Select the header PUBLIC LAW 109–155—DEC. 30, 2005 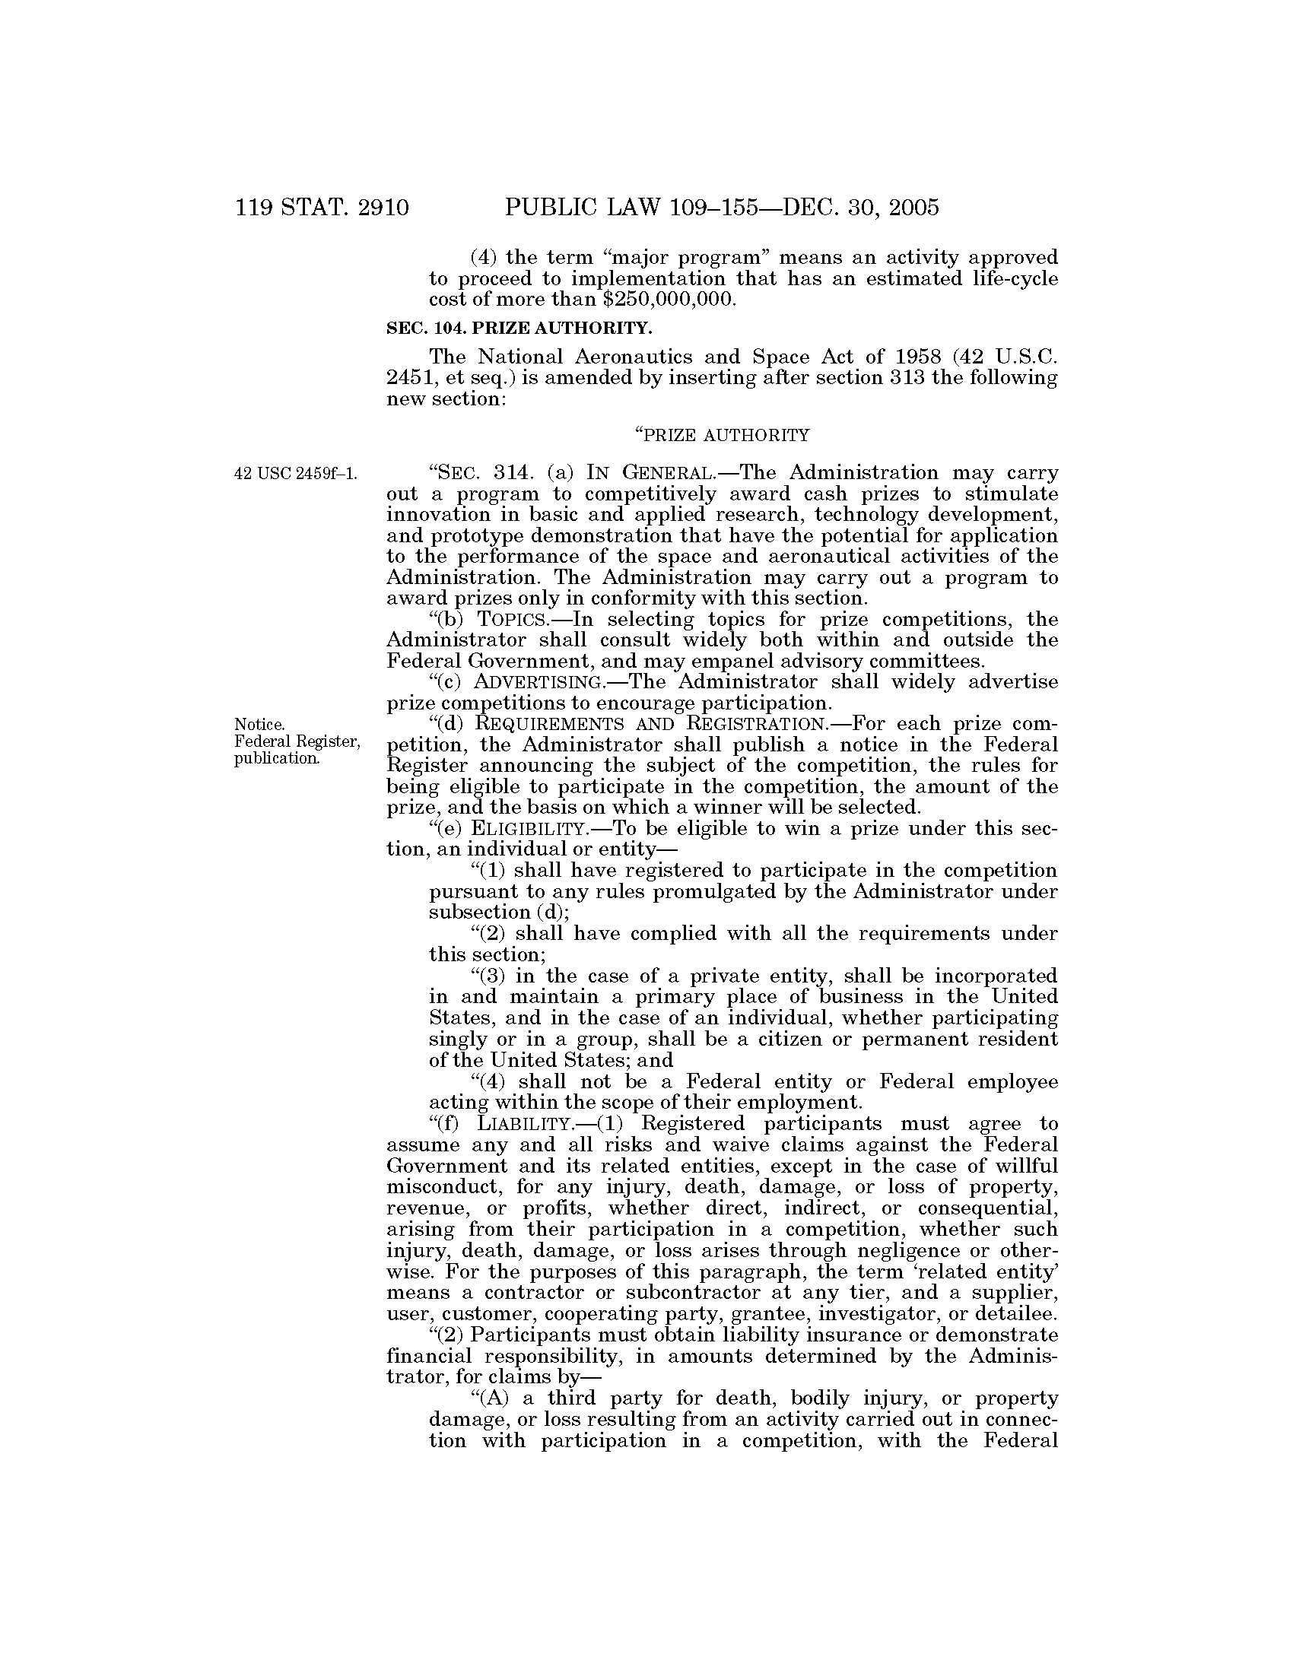coord(722,208)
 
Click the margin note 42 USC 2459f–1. coord(296,474)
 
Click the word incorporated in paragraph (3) coord(996,976)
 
